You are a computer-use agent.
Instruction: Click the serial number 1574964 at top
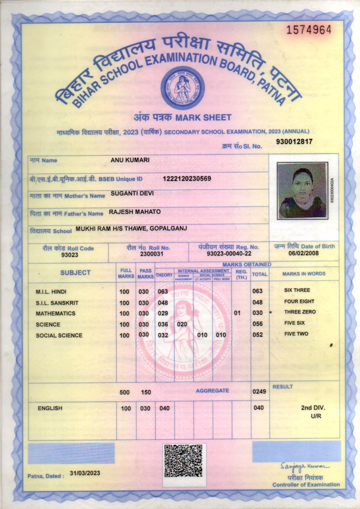coord(309,30)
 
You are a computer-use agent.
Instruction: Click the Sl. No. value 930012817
coord(294,142)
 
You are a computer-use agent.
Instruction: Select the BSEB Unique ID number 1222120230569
coord(187,179)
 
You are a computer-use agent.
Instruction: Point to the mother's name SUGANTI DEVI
coord(132,193)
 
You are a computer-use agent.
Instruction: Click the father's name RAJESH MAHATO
coord(135,212)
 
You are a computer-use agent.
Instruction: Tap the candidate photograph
coord(302,190)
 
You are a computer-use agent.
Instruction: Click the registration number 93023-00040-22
coord(229,253)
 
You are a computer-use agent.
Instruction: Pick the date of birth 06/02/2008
coord(304,253)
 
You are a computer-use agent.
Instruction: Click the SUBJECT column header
coord(75,273)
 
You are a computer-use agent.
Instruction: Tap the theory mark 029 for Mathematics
coord(163,313)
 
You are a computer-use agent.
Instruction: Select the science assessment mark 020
coord(182,324)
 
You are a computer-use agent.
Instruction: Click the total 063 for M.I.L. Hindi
coord(258,291)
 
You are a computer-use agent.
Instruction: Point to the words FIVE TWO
coord(296,334)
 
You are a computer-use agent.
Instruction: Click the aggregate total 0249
coord(259,392)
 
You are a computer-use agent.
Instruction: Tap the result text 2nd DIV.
coord(313,408)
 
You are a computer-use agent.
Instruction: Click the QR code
coord(184,460)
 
